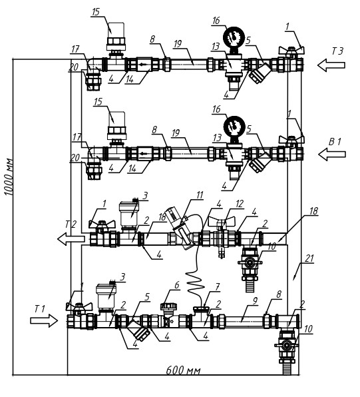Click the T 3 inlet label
[337, 51]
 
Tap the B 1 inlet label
[335, 142]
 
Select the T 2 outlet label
[71, 224]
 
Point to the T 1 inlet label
[39, 309]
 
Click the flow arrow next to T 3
[331, 65]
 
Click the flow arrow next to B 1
[332, 154]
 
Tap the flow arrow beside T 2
[71, 238]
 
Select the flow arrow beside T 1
[44, 321]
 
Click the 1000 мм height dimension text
[9, 177]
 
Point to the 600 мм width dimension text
[183, 371]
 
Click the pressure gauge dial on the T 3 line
[234, 37]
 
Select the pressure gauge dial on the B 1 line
[234, 127]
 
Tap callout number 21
[309, 258]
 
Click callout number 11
[200, 195]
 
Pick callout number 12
[240, 204]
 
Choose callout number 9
[255, 300]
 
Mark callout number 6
[177, 285]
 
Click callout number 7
[218, 287]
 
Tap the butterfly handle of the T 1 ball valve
[79, 306]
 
